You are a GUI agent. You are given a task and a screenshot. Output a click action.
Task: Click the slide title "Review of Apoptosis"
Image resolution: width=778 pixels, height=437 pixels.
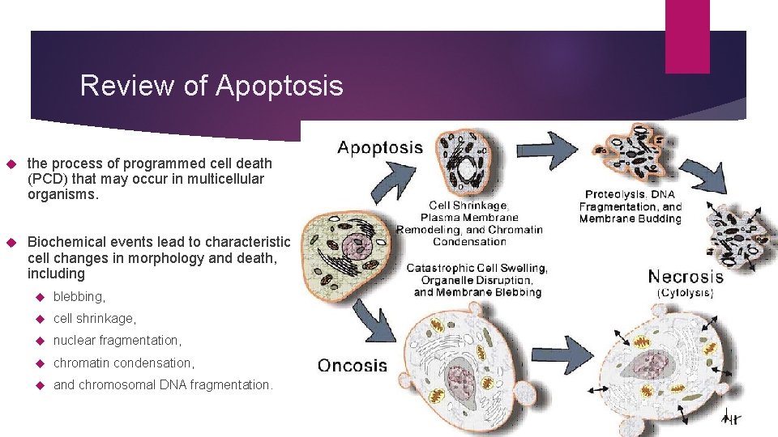tap(212, 85)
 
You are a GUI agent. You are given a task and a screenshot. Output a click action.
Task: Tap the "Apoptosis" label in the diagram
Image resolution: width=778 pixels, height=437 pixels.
tap(380, 147)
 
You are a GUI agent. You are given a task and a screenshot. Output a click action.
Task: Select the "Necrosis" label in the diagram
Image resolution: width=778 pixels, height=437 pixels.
tap(686, 277)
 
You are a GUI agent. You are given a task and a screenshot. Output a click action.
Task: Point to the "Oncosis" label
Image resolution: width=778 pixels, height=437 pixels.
tap(353, 365)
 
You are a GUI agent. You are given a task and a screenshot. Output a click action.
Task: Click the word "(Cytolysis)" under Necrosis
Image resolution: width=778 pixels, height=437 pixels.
tap(686, 294)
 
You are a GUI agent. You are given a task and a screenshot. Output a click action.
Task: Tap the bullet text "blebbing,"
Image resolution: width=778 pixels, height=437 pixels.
tap(79, 297)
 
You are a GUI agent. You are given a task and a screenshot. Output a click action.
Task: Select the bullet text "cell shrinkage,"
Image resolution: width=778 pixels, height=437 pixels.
tap(95, 319)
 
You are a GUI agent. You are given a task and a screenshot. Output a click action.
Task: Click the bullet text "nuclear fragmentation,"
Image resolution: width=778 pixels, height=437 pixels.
tap(118, 341)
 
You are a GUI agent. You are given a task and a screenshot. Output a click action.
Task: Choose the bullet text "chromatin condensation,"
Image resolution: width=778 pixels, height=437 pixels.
tap(124, 363)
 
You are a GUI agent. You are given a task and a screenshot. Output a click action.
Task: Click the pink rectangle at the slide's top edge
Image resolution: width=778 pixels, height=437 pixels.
tap(686, 36)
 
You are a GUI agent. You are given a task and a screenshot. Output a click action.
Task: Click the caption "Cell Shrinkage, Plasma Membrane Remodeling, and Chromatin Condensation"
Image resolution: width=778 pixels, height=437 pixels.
tap(469, 223)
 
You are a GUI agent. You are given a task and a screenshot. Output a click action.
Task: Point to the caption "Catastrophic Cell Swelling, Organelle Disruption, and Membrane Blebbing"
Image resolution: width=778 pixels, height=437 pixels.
tap(477, 279)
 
